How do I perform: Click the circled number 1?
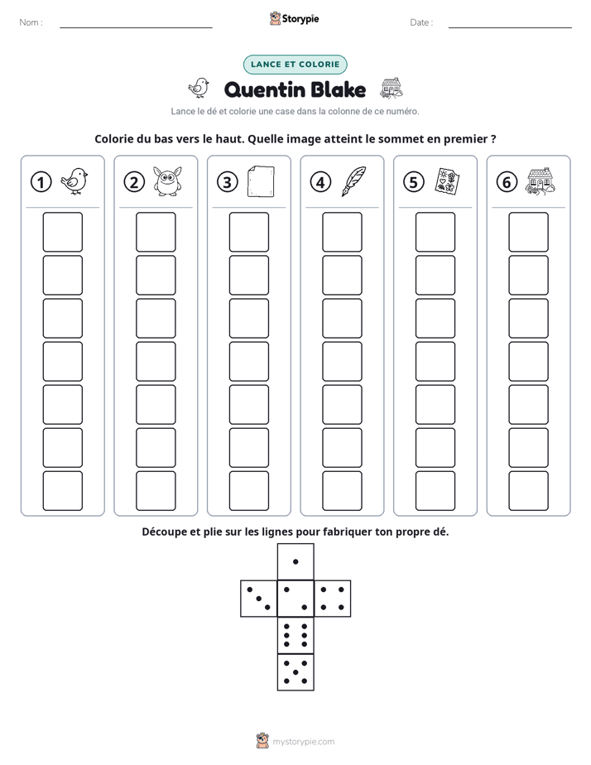coord(41,182)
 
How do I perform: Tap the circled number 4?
coord(320,182)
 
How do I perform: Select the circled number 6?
coord(507,182)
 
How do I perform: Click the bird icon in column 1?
coord(74,181)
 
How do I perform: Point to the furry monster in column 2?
coord(168,181)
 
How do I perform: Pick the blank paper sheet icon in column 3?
coord(261,181)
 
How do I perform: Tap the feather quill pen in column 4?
coord(354,181)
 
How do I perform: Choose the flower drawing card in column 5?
coord(447,181)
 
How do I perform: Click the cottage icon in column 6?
coord(541,182)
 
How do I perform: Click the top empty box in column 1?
coord(62,232)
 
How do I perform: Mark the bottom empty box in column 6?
coord(528,491)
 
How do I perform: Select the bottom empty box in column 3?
coord(248,491)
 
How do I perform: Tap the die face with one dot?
coord(295,561)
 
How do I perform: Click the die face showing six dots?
coord(295,635)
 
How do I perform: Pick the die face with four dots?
coord(333,599)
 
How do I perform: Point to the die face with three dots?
coord(259,599)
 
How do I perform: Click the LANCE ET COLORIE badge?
coord(295,65)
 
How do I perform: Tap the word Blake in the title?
coord(338,89)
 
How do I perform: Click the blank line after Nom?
coord(136,27)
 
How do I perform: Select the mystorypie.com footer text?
coord(303,742)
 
